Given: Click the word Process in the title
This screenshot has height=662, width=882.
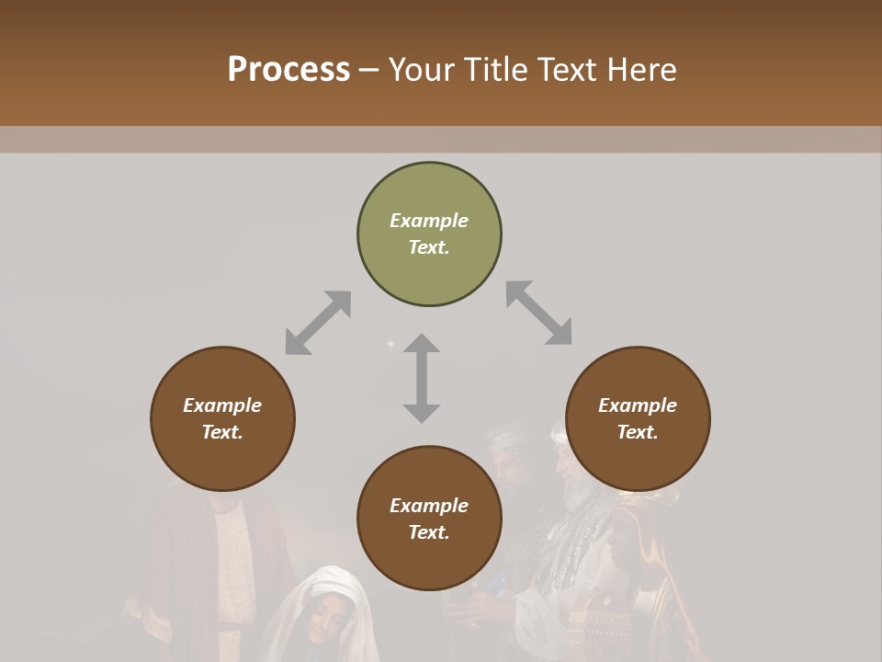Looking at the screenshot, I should [x=288, y=70].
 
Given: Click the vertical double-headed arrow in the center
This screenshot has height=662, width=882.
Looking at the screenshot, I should [x=422, y=378].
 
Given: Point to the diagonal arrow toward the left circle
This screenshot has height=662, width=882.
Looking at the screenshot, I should [x=318, y=323].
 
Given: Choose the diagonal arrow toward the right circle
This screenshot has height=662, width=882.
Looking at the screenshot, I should [x=539, y=313].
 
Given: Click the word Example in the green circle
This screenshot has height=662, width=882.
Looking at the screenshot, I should [x=429, y=221].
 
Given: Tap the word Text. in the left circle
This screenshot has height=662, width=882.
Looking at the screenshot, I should [x=222, y=432].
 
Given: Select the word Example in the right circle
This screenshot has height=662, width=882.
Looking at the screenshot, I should [x=638, y=405].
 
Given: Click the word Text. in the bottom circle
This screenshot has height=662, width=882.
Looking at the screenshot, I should [x=429, y=532].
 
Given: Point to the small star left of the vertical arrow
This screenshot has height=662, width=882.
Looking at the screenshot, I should [x=390, y=344].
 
